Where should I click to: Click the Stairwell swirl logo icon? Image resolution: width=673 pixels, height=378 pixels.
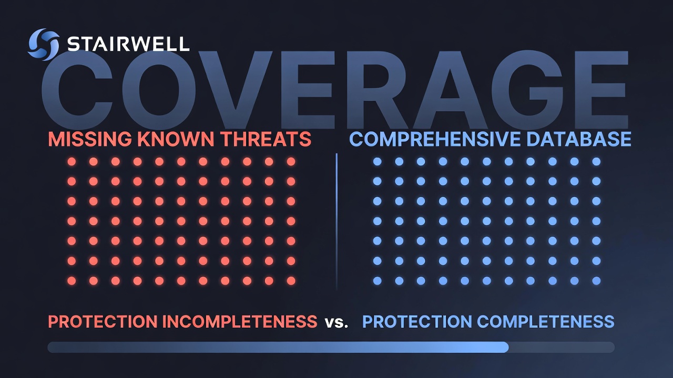coord(44,45)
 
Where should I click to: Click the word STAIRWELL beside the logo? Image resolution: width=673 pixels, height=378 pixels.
coord(128,44)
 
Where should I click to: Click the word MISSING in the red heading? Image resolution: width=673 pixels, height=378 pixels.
coord(90,139)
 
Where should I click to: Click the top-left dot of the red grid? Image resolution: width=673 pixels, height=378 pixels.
coord(72,162)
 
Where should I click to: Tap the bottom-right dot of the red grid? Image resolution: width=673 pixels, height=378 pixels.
coord(291,281)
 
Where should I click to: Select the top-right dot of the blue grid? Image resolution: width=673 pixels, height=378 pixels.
coord(596,162)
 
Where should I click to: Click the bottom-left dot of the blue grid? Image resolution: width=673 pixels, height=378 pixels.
coord(377,281)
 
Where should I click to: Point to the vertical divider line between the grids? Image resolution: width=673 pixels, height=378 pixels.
coord(336,222)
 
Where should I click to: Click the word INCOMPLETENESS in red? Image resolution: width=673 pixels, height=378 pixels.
coord(240,322)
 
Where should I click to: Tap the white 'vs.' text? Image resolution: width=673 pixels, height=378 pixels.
coord(336,323)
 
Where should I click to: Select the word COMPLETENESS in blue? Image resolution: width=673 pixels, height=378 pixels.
coord(546,322)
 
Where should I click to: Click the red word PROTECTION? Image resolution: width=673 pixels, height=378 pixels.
coord(103,322)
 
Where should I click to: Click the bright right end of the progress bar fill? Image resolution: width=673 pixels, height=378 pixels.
coord(505,347)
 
